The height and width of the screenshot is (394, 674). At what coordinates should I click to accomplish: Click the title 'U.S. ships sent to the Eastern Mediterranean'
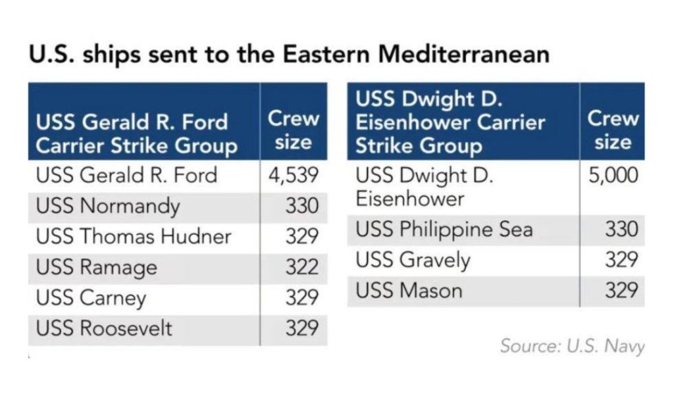(288, 55)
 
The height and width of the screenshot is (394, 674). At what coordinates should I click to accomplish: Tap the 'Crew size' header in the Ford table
(293, 130)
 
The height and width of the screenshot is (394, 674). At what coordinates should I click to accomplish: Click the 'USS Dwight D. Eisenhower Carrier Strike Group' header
(451, 123)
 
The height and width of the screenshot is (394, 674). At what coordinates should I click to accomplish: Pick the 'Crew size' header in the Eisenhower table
(613, 130)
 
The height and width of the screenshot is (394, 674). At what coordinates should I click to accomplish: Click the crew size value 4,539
(294, 176)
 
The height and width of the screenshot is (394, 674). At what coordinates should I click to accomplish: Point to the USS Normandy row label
(108, 206)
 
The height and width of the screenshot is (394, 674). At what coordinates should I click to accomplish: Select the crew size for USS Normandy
(301, 207)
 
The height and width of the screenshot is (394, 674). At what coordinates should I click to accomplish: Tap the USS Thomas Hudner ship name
(134, 237)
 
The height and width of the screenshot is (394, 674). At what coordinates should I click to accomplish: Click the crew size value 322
(301, 267)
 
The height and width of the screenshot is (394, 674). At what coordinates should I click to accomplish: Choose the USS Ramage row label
(97, 267)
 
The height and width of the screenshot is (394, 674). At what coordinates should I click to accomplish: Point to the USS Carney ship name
(91, 297)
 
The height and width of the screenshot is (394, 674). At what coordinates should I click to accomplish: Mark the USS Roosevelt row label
(105, 328)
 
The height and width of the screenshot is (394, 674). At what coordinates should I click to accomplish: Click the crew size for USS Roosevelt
(301, 328)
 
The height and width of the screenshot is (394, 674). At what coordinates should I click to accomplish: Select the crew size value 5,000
(613, 176)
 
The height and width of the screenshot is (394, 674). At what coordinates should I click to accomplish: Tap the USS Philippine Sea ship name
(444, 230)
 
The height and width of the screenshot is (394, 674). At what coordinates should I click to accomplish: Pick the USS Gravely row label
(413, 260)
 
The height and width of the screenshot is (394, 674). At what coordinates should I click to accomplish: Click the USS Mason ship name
(409, 290)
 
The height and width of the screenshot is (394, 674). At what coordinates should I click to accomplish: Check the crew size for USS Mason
(621, 290)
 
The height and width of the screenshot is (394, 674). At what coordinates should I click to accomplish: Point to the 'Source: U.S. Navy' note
(572, 346)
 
